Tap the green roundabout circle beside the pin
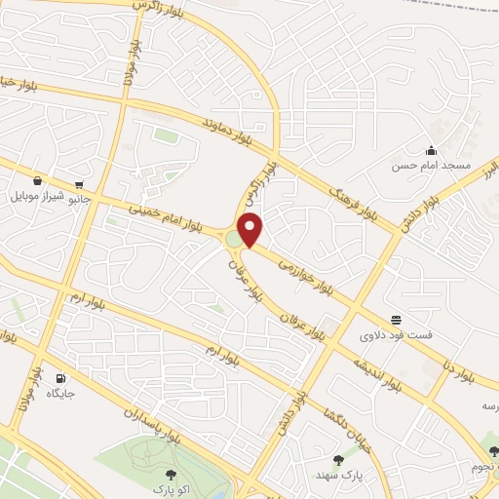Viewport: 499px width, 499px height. tap(234, 239)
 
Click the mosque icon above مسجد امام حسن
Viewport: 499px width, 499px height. tap(431, 150)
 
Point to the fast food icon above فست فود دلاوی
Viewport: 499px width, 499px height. tap(397, 319)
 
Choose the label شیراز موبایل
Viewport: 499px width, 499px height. tap(37, 196)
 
